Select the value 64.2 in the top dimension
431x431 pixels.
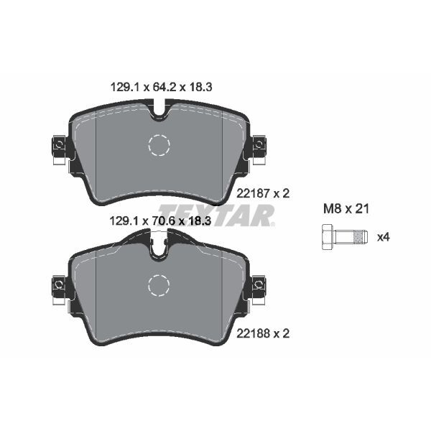pos(161,87)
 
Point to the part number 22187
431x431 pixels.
pos(251,193)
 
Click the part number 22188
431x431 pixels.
pos(251,334)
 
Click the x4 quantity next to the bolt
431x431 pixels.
pos(384,236)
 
